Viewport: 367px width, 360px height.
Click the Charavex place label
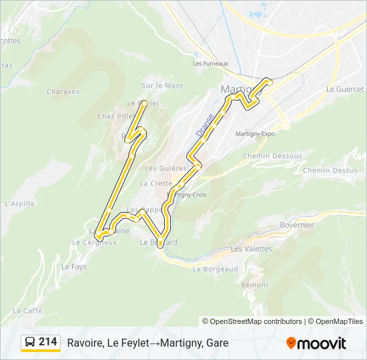(63, 91)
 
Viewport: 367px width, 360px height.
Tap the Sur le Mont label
(162, 85)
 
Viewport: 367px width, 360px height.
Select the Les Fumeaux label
(211, 64)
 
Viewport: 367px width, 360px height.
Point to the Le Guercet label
(345, 89)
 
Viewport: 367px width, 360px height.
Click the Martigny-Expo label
(255, 133)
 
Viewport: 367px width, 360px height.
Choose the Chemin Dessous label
(272, 156)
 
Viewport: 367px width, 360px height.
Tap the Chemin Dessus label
(330, 171)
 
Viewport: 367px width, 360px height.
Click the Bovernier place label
(296, 225)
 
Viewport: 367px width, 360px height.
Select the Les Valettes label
(252, 249)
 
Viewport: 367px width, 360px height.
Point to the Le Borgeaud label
(215, 269)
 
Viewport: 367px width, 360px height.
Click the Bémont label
(255, 285)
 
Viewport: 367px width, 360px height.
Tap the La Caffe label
(27, 311)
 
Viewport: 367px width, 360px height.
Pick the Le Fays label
(74, 267)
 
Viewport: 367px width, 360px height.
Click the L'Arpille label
(19, 204)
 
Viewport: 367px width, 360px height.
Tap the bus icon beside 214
(30, 342)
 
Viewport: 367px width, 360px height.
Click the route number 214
(48, 342)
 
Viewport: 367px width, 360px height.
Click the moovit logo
(316, 343)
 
